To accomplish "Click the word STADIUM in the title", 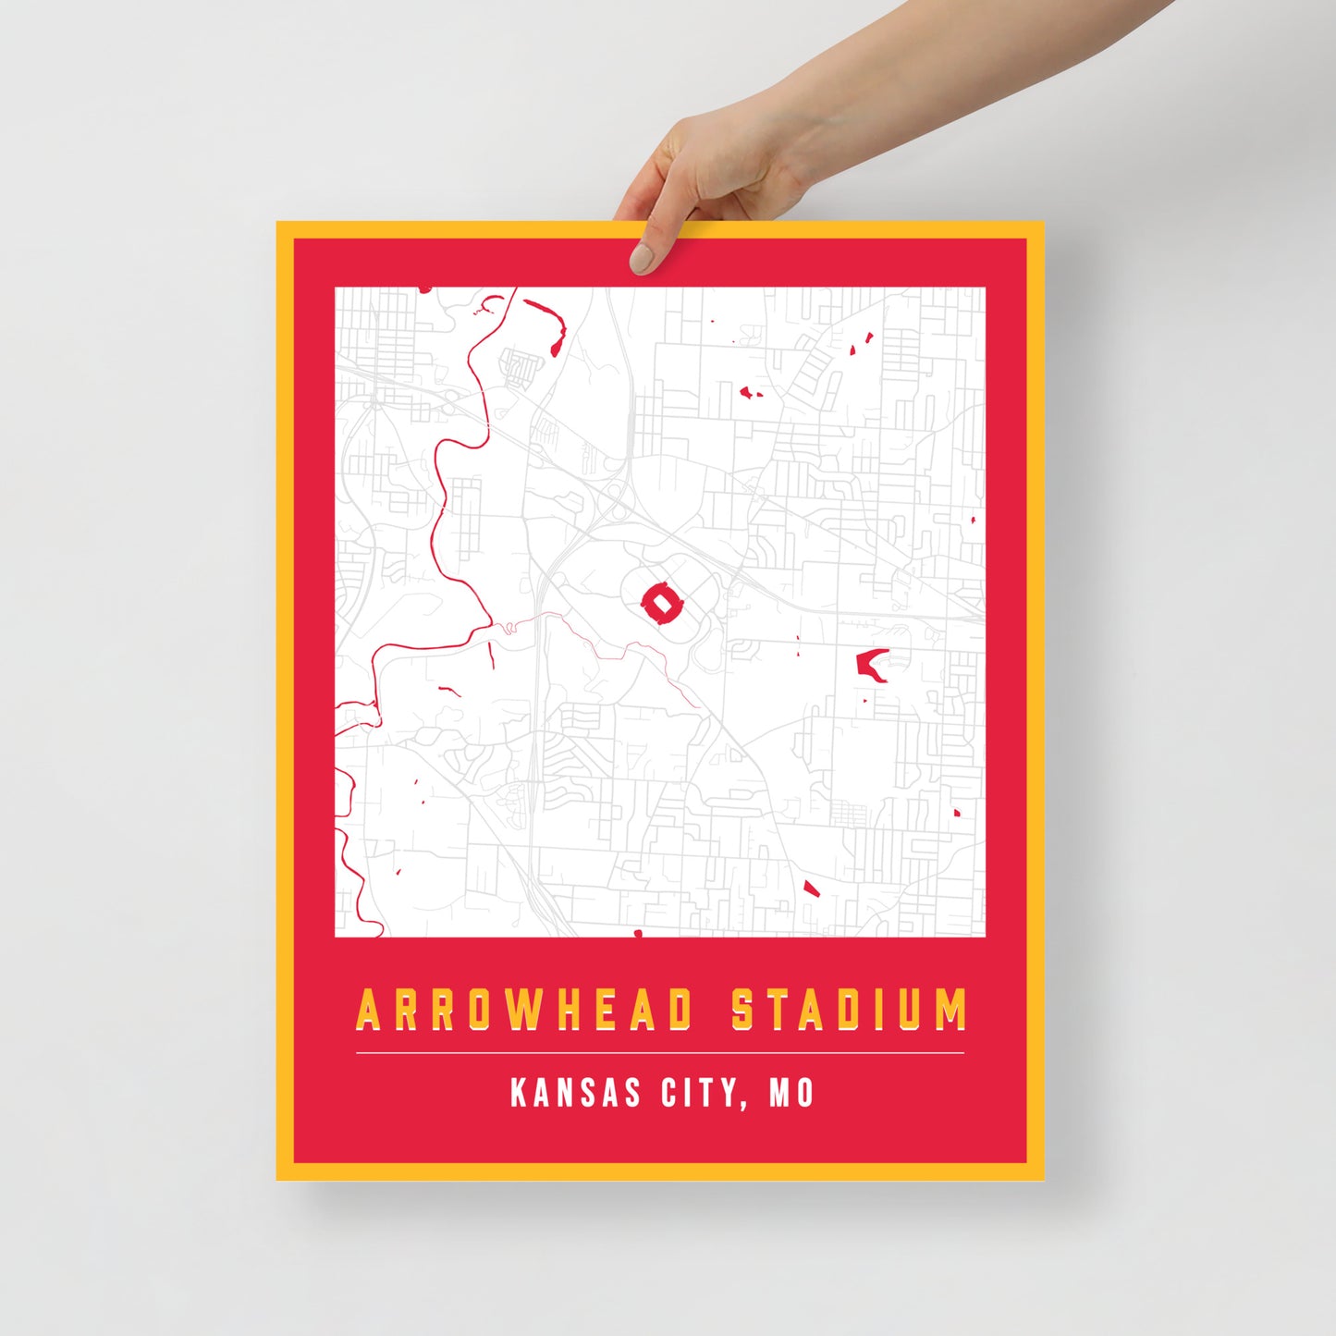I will [x=850, y=1010].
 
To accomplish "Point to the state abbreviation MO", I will [x=791, y=1093].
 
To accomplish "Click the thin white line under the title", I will [x=660, y=1053].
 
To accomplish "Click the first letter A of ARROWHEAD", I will [x=370, y=1010].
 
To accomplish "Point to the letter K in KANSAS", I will [x=519, y=1093].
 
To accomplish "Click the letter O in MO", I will [x=804, y=1093].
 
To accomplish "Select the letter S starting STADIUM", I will [x=743, y=1010].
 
